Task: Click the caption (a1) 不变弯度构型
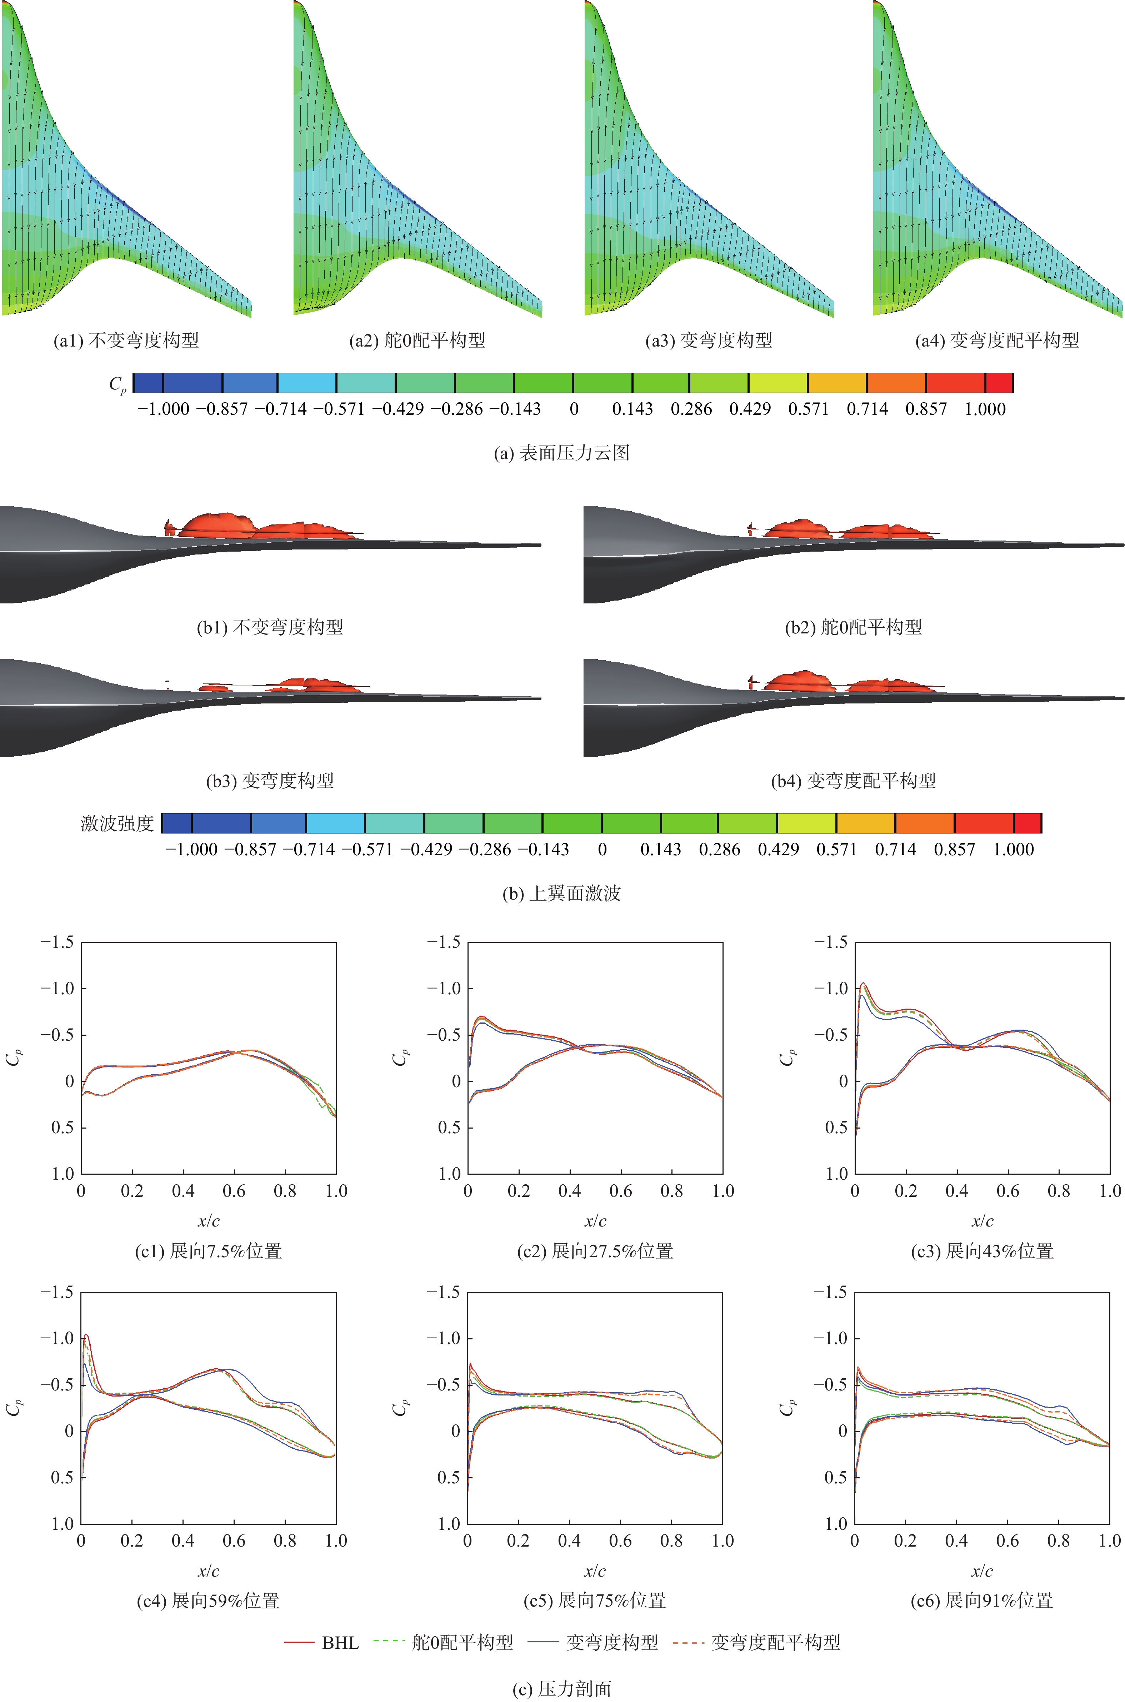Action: (x=126, y=341)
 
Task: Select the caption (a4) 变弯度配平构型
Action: (x=997, y=341)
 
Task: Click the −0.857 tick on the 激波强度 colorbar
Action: (x=250, y=850)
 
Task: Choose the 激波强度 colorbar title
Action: (x=117, y=823)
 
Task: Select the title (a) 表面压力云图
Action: (x=562, y=453)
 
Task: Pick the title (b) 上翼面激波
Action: (x=562, y=893)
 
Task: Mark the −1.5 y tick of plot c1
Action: (x=57, y=942)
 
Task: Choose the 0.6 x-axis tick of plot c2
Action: (x=621, y=1191)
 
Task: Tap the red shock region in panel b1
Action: (x=215, y=524)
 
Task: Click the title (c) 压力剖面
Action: (x=562, y=1689)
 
